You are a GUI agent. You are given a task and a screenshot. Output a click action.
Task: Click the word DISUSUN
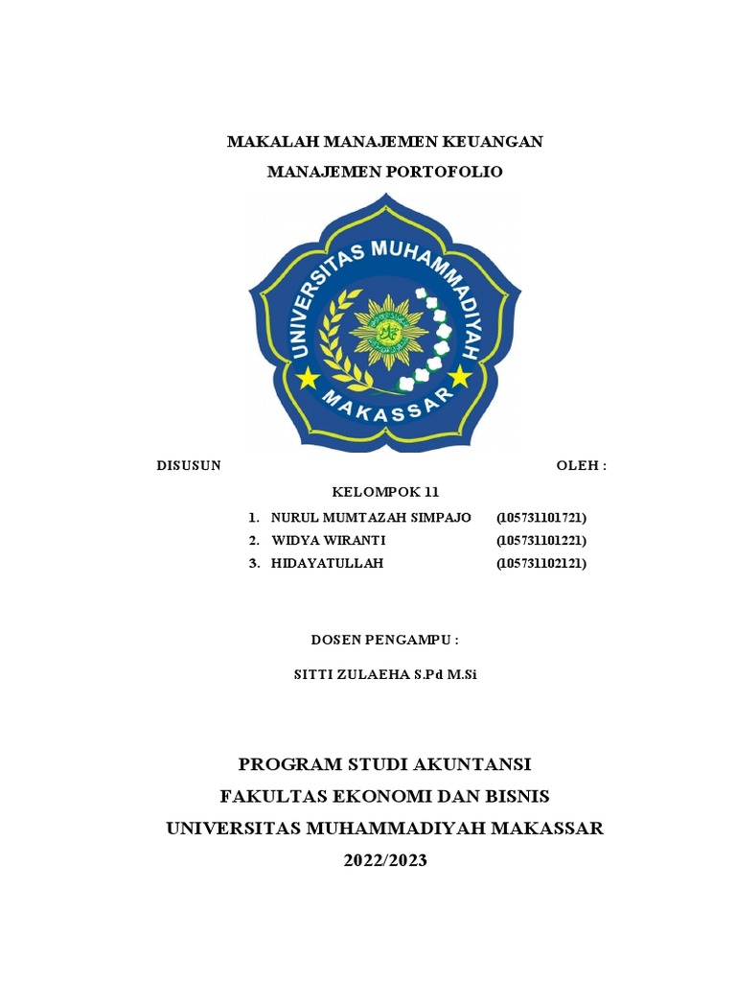189,466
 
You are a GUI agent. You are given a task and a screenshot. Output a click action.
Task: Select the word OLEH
578,466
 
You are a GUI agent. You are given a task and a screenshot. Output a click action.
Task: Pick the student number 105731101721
541,518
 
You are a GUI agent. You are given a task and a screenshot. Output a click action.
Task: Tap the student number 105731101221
541,541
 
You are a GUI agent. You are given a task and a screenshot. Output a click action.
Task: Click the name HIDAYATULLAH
328,564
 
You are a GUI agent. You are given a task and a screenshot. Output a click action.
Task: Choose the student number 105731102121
541,564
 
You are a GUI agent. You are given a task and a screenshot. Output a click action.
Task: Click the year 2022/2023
385,860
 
